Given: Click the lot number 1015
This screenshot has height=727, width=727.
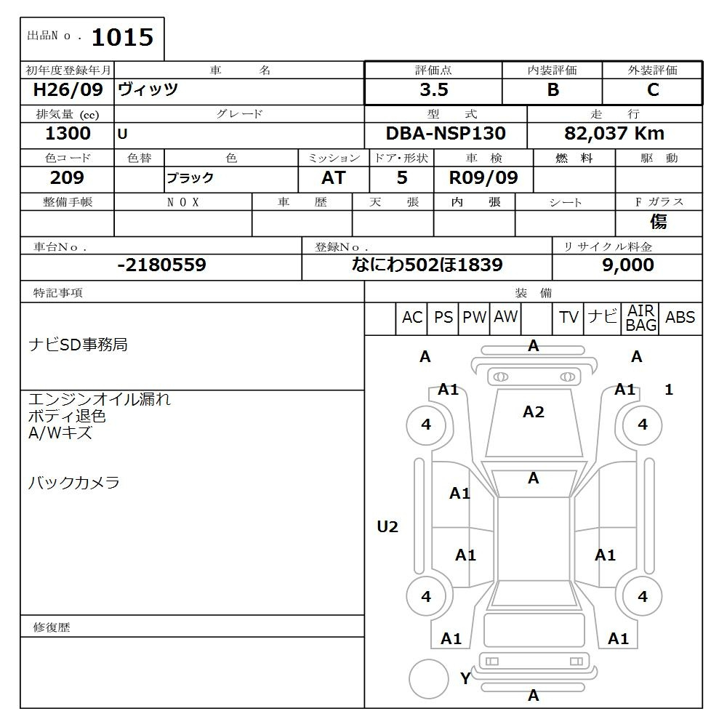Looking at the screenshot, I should [122, 38].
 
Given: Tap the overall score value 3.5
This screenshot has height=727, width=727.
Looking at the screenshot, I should [433, 90].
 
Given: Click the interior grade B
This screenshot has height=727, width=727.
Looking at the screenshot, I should [553, 90].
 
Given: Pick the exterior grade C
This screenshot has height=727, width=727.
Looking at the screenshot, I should [653, 90].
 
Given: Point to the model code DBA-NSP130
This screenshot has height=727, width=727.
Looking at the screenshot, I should [446, 134].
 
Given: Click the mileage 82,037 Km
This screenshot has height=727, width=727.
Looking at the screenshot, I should [614, 134].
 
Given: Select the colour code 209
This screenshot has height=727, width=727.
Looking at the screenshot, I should [67, 178].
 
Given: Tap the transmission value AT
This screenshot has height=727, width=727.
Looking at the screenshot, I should [334, 178].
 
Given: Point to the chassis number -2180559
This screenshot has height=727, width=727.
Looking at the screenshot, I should [161, 265].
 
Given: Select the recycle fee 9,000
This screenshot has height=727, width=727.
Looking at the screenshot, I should [627, 265].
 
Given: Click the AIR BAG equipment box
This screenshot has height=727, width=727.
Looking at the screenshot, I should [641, 318].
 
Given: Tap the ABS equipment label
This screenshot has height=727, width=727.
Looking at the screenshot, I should [680, 318].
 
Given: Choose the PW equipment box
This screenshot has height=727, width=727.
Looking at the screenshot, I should [475, 318].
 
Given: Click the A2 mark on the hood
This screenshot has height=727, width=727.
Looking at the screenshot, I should [534, 412].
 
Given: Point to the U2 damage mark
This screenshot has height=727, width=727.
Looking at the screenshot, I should [387, 527].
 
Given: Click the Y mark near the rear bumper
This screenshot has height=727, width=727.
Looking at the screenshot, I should [465, 679].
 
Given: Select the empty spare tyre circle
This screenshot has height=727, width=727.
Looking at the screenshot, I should [429, 679].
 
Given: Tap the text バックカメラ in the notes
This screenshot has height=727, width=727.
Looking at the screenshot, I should [73, 483].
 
